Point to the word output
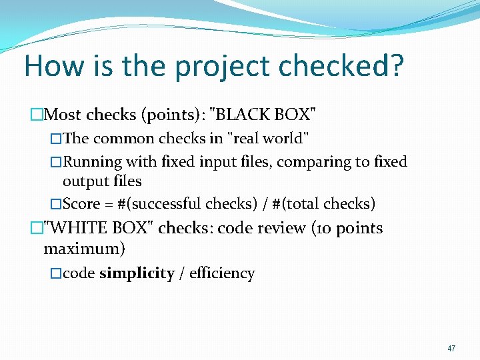click(84, 181)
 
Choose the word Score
click(81, 203)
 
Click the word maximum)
click(84, 250)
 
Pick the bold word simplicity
click(137, 273)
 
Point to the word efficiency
click(222, 273)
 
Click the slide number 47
click(451, 348)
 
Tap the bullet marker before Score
click(56, 203)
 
